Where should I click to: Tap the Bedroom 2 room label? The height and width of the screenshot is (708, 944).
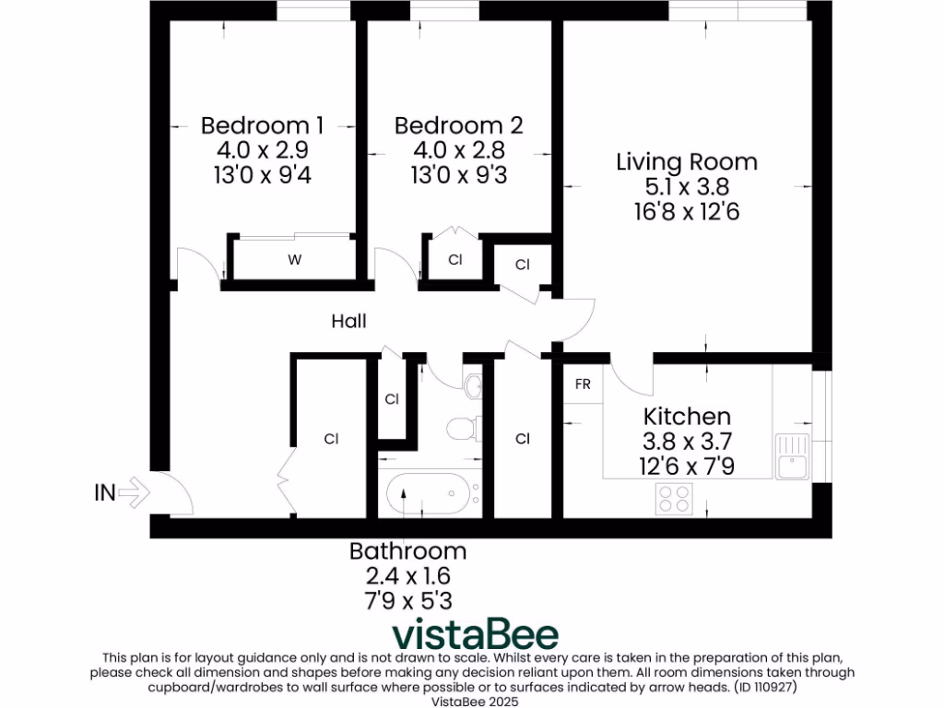click(458, 124)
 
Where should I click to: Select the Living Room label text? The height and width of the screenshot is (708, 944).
click(686, 162)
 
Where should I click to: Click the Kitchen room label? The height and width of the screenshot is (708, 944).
click(687, 416)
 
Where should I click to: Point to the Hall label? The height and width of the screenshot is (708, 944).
click(348, 321)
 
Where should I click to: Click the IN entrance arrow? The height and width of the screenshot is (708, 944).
click(132, 492)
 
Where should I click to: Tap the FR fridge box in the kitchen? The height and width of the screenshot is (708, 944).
click(583, 384)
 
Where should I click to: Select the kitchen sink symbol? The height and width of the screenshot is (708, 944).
click(790, 457)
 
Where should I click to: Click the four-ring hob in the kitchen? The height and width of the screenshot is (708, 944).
click(674, 499)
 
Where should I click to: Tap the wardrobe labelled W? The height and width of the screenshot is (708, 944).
click(294, 260)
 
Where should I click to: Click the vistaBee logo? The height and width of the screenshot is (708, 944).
click(475, 635)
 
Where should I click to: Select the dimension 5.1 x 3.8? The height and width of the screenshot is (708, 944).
click(686, 187)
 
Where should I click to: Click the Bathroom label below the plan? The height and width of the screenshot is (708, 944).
click(407, 551)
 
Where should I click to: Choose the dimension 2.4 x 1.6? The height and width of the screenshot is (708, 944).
click(407, 576)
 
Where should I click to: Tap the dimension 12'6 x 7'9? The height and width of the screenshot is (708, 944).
click(687, 466)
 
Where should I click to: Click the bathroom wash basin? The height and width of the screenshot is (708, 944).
click(474, 385)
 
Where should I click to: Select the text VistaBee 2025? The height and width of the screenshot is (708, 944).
click(472, 701)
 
